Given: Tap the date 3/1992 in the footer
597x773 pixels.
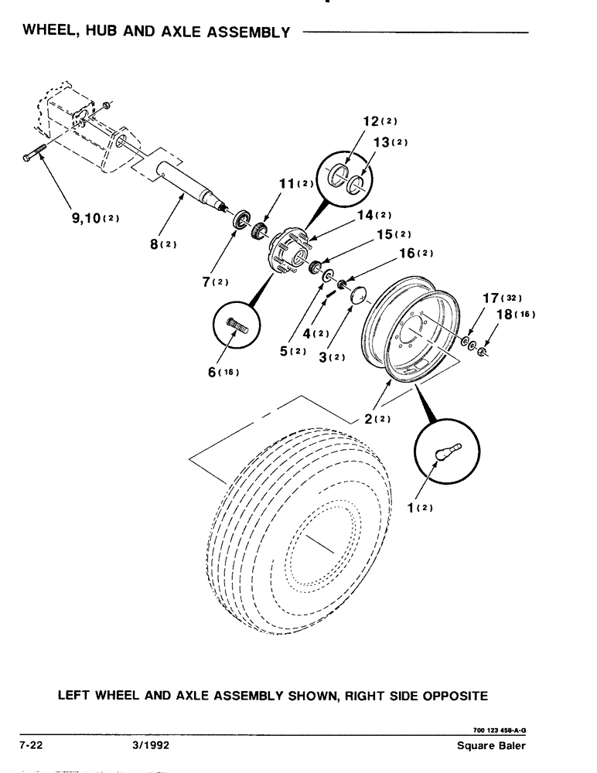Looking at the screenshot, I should pos(151,747).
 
